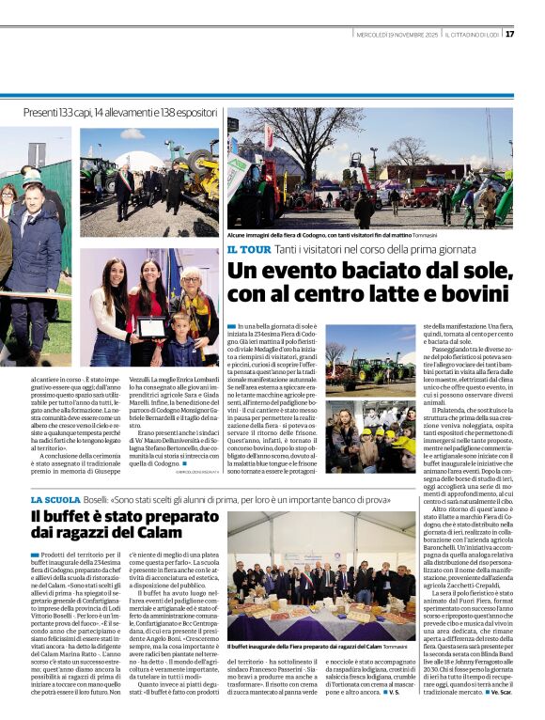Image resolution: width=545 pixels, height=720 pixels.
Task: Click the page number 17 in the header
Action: coord(536,35)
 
